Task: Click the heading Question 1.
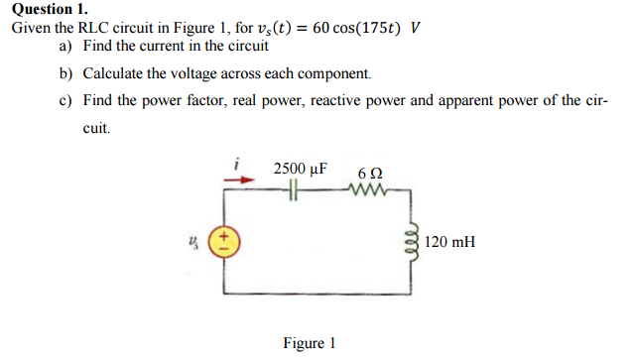click(x=47, y=9)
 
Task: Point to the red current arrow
click(x=235, y=180)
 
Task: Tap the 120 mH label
click(x=449, y=241)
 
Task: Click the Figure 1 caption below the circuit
click(x=309, y=343)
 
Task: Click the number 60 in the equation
click(x=321, y=27)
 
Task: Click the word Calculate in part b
click(x=116, y=74)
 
